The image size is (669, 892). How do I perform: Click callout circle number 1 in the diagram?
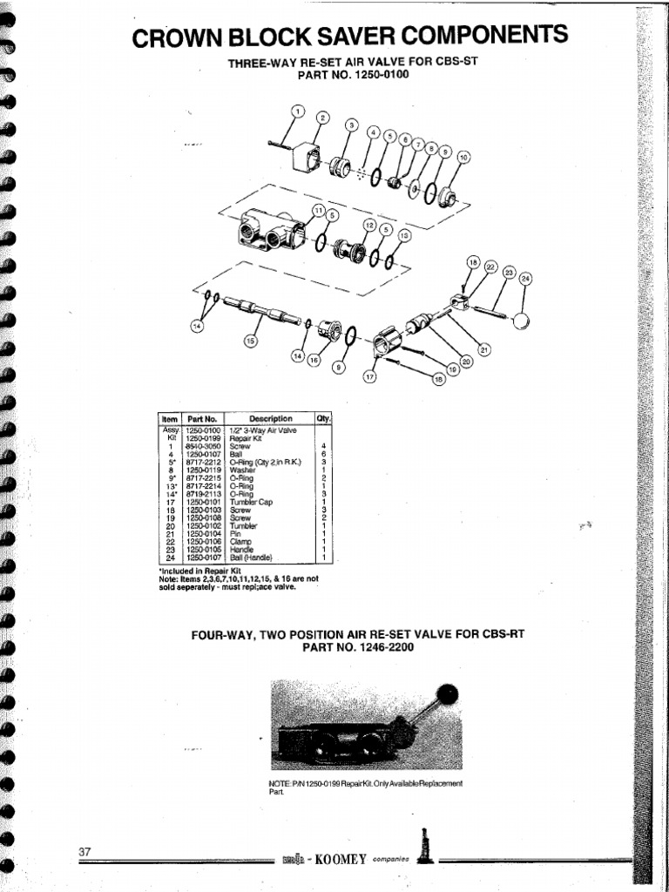[297, 111]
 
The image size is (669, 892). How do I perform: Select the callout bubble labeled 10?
[463, 157]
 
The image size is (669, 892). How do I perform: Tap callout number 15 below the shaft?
[250, 341]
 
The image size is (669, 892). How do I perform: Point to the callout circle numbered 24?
[525, 279]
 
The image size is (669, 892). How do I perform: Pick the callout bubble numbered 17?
[369, 377]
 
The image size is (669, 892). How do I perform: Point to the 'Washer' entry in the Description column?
[242, 470]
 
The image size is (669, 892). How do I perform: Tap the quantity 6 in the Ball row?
[323, 454]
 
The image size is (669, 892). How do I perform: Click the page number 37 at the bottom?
[84, 851]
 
